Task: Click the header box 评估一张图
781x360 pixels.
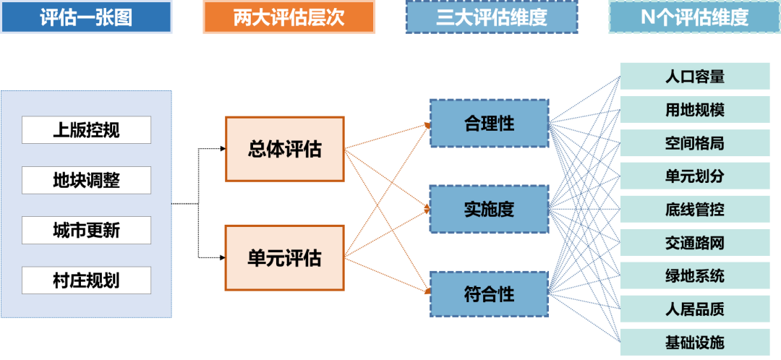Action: pos(86,17)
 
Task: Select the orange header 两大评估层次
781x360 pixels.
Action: pos(289,17)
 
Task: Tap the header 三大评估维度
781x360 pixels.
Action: pos(491,17)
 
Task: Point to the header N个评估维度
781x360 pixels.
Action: pos(694,17)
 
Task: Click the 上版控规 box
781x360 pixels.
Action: pos(86,130)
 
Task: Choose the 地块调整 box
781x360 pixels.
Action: pos(86,180)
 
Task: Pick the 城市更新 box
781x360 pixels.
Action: pos(86,231)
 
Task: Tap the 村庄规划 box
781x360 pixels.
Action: pos(86,280)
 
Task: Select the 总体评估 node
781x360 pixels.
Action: pos(284,150)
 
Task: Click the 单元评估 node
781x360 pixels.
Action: pos(284,257)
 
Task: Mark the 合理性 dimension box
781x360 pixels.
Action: pos(489,124)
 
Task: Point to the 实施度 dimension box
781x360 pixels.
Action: pos(489,209)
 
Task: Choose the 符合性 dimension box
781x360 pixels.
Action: pos(489,294)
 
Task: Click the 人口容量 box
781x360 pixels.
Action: pos(694,76)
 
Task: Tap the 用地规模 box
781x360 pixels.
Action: pos(694,110)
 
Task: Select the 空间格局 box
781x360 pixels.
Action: pos(694,143)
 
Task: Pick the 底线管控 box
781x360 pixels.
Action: pos(694,210)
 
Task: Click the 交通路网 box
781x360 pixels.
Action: pos(694,243)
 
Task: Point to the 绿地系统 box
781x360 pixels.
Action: pos(694,276)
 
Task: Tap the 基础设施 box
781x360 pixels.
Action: pos(694,342)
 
